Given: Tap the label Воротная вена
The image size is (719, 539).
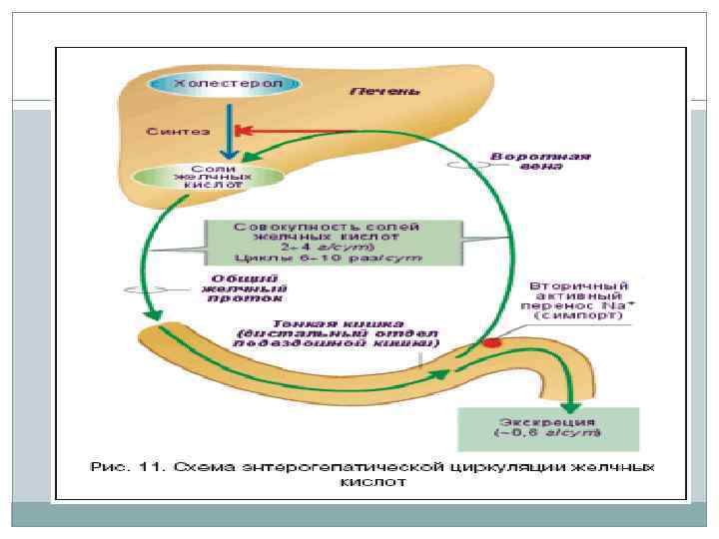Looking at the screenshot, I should point(540,162).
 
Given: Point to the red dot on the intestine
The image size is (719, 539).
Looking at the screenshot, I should point(491,342).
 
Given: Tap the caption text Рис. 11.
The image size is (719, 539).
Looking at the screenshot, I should point(120,466).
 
